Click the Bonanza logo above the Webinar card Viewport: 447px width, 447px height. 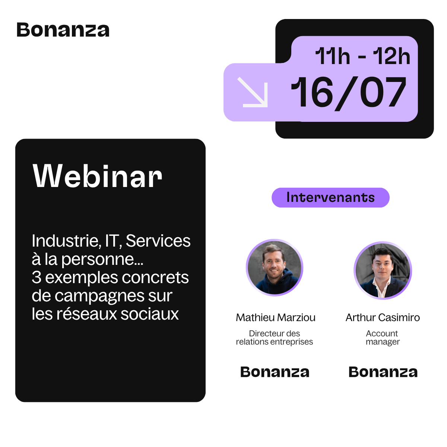click(x=63, y=30)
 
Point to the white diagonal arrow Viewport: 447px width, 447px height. click(x=253, y=92)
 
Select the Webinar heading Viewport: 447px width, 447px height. click(x=97, y=176)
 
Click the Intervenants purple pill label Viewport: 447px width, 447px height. click(x=330, y=197)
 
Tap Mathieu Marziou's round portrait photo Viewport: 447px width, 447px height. click(x=275, y=268)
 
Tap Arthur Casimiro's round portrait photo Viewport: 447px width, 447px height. click(x=383, y=270)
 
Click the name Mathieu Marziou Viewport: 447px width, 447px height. click(x=276, y=318)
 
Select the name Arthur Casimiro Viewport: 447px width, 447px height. click(x=383, y=318)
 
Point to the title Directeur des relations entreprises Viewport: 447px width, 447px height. click(x=275, y=338)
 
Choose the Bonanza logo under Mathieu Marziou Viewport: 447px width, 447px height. click(x=275, y=372)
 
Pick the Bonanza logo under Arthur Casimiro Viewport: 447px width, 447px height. click(x=383, y=372)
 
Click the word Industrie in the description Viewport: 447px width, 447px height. click(x=66, y=241)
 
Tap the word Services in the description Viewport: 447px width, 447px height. click(x=158, y=241)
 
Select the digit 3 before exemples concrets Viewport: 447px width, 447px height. click(x=37, y=278)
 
